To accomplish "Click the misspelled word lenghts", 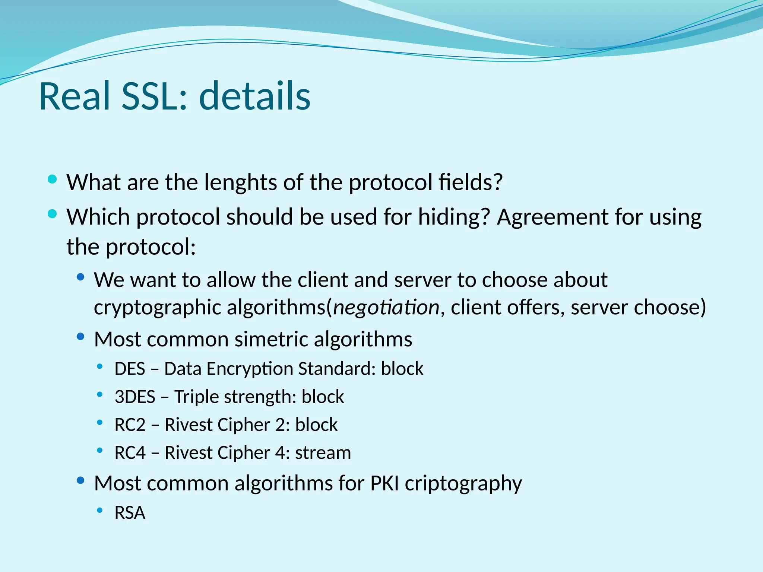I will click(240, 182).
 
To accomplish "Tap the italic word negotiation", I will click(386, 307).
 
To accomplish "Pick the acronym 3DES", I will click(135, 397).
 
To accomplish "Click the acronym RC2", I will click(130, 425).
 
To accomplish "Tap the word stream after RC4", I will click(323, 453).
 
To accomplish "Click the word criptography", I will click(463, 484).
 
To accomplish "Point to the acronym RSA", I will click(130, 513).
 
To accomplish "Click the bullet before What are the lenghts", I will click(52, 179).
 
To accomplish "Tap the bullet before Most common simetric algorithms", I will click(80, 337).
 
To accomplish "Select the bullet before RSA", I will click(99, 510).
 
